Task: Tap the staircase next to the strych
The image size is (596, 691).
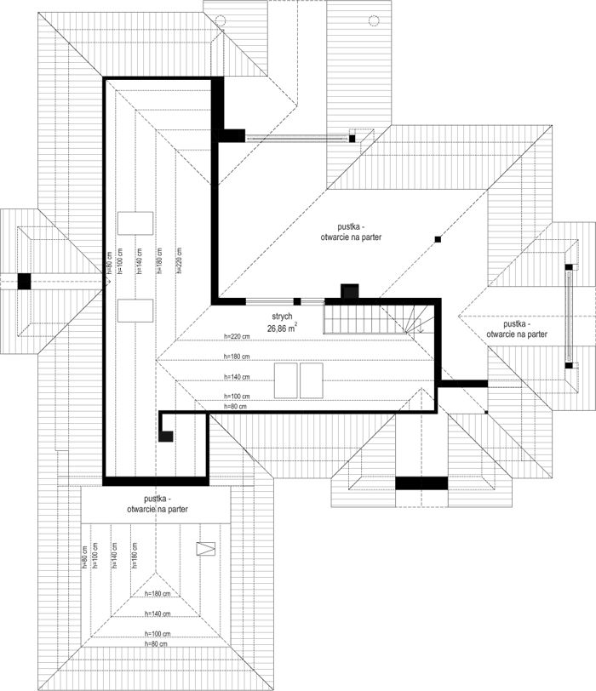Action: tap(351, 320)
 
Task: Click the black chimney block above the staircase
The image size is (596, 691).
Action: tap(349, 292)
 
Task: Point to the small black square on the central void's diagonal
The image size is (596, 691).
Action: tap(438, 239)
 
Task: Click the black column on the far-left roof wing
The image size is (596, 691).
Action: tap(25, 280)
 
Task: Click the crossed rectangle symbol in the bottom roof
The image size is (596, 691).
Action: tap(205, 549)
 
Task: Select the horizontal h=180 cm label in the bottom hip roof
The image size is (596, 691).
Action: tap(158, 593)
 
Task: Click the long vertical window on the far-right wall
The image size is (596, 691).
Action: tap(568, 315)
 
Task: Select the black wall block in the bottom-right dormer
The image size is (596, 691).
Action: tap(421, 483)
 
